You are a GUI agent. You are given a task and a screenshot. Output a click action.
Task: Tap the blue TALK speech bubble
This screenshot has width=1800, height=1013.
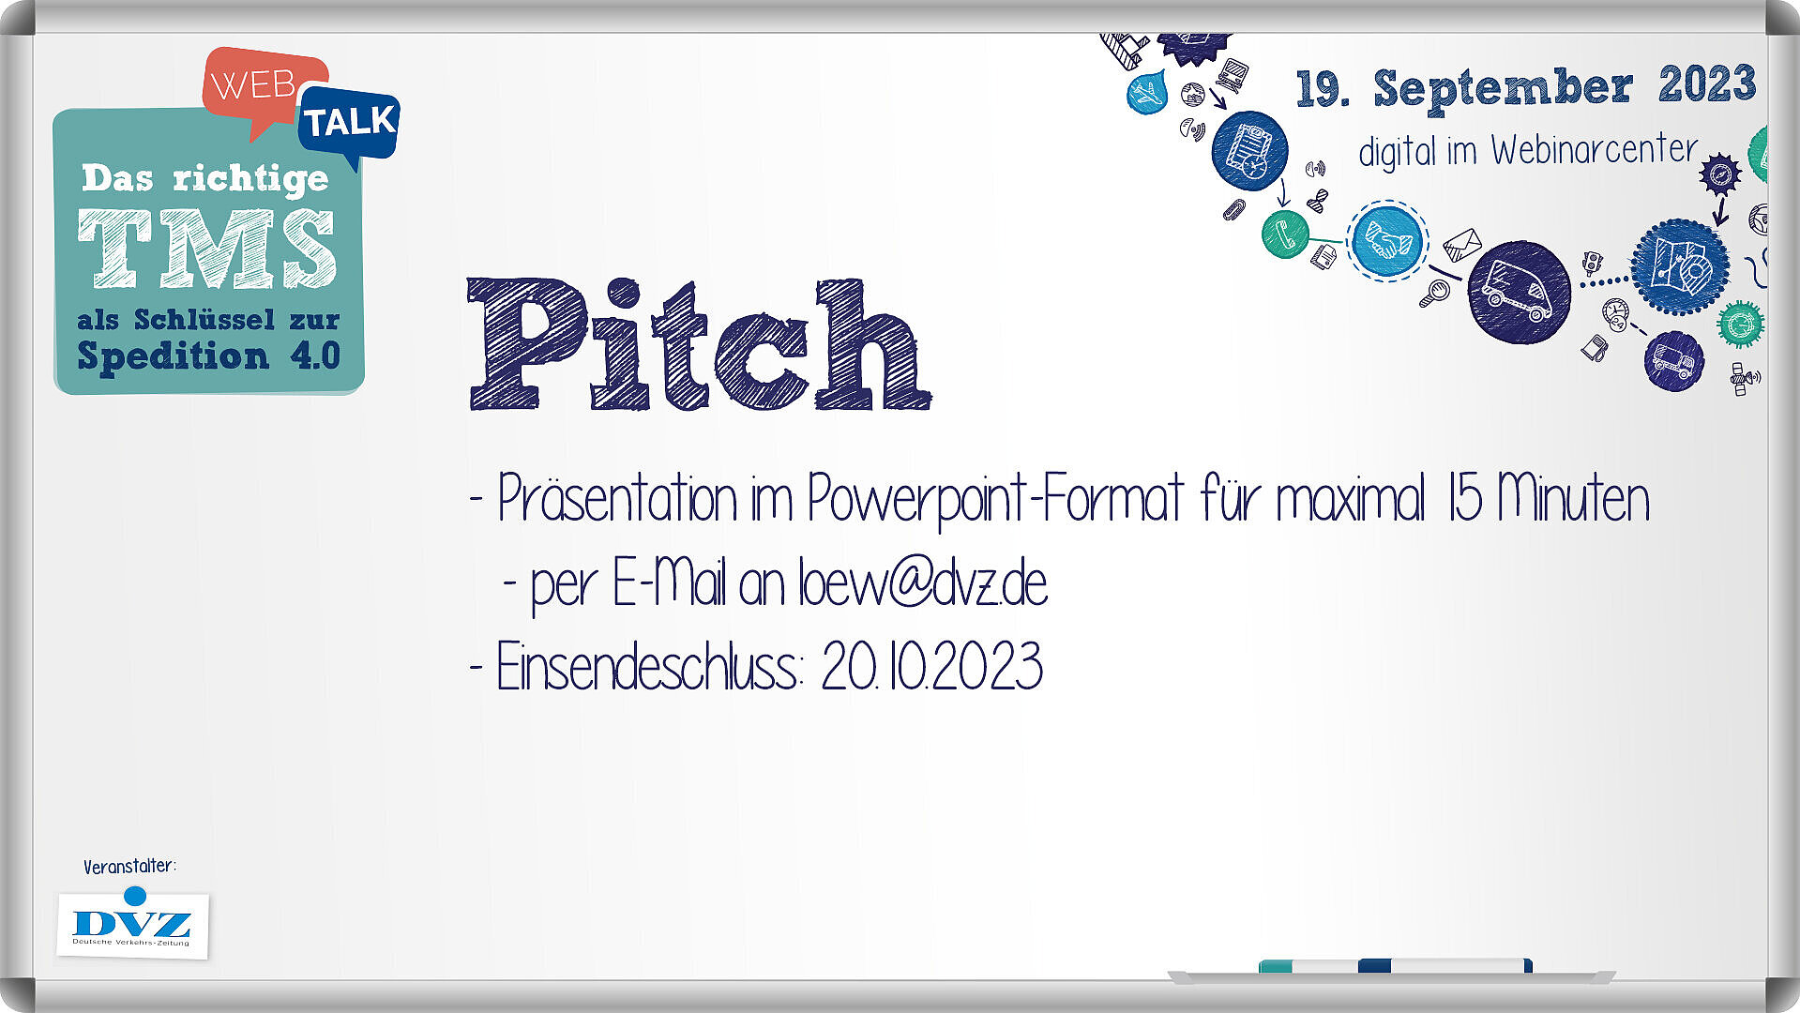pos(349,123)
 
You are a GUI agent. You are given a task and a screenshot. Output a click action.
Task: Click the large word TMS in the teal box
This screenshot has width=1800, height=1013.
pos(206,249)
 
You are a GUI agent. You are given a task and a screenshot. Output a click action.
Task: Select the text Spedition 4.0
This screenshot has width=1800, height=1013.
pos(208,356)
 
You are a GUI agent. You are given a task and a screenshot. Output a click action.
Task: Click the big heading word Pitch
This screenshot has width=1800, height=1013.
pos(699,344)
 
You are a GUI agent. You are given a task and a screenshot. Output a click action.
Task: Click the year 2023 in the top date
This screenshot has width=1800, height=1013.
pos(1707,84)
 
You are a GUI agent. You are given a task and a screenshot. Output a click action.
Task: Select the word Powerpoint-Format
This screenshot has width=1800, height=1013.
pos(995,499)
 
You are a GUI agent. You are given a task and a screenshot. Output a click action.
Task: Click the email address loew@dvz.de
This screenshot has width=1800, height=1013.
pos(923,583)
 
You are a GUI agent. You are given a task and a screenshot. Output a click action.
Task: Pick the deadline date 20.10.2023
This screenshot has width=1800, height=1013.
pos(932,667)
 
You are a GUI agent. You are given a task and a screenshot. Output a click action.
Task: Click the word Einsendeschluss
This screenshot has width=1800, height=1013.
pos(648,667)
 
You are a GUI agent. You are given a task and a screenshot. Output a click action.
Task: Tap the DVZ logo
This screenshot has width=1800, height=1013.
pos(132,924)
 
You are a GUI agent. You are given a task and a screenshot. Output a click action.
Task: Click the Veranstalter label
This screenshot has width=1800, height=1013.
pos(129,867)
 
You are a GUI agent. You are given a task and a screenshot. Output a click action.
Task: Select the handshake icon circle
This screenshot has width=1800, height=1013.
pos(1387,241)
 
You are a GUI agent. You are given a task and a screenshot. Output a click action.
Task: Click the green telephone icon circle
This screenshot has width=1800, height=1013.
pos(1285,234)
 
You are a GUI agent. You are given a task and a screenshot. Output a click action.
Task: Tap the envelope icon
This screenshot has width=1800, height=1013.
pos(1461,245)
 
